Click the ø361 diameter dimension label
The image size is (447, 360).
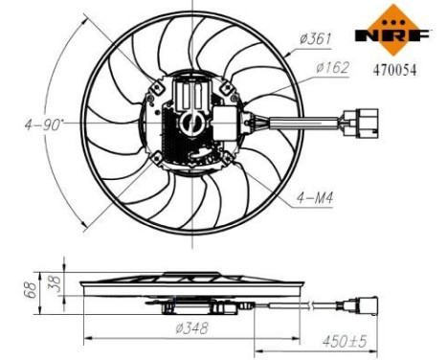point(315,39)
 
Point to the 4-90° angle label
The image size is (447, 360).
point(45,124)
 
